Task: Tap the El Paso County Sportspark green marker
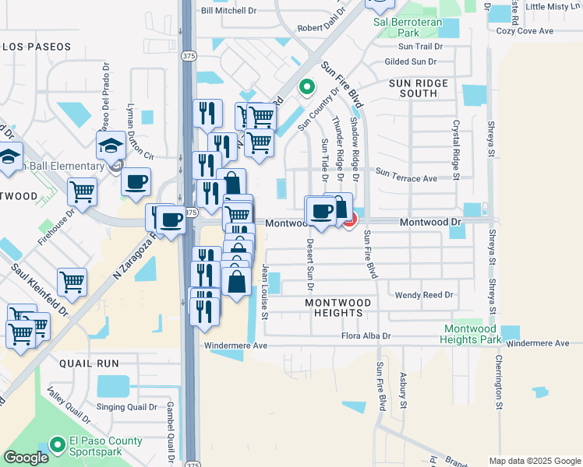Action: pyautogui.click(x=56, y=445)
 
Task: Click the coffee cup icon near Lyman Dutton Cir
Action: pyautogui.click(x=136, y=182)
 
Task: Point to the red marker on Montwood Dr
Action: pyautogui.click(x=350, y=221)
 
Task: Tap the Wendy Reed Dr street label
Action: pyautogui.click(x=424, y=296)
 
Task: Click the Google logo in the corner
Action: pyautogui.click(x=26, y=458)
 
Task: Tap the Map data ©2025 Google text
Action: pyautogui.click(x=534, y=461)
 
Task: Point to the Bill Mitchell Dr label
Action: pyautogui.click(x=228, y=11)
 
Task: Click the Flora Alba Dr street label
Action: pyautogui.click(x=366, y=336)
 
